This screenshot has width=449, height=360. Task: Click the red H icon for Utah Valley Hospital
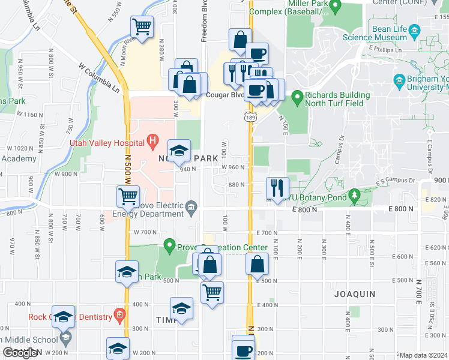(x=152, y=143)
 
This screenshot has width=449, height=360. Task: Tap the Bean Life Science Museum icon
(x=414, y=30)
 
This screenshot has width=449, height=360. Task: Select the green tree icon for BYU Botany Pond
(x=354, y=195)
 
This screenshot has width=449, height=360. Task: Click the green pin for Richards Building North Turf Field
(x=297, y=96)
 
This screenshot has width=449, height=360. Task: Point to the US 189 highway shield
(x=250, y=118)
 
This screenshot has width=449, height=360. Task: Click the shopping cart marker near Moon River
(x=142, y=27)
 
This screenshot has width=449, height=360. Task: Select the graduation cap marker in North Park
(x=179, y=151)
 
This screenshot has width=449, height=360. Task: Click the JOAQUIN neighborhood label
(x=355, y=294)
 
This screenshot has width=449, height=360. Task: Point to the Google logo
(x=19, y=353)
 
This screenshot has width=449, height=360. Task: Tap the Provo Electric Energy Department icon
(x=191, y=208)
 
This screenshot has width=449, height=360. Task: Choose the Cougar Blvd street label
(x=223, y=95)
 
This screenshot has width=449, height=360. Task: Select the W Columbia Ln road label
(x=98, y=76)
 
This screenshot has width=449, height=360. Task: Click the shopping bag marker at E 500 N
(x=257, y=264)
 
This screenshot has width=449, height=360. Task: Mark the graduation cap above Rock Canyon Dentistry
(x=63, y=317)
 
